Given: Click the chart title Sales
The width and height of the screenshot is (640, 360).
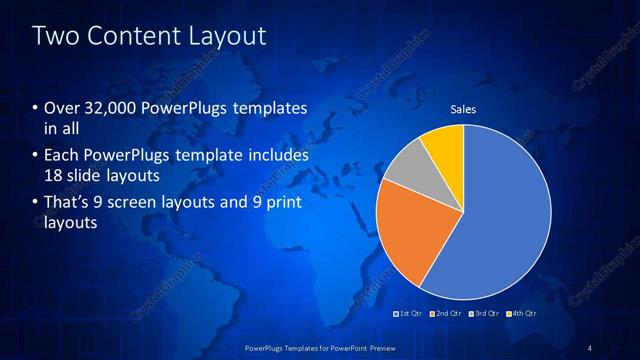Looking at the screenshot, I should pyautogui.click(x=463, y=109).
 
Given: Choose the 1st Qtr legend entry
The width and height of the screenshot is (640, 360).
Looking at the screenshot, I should pyautogui.click(x=409, y=314).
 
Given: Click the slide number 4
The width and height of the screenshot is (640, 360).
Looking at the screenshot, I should pyautogui.click(x=589, y=347).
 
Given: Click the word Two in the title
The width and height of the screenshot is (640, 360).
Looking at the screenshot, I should pyautogui.click(x=55, y=37).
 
